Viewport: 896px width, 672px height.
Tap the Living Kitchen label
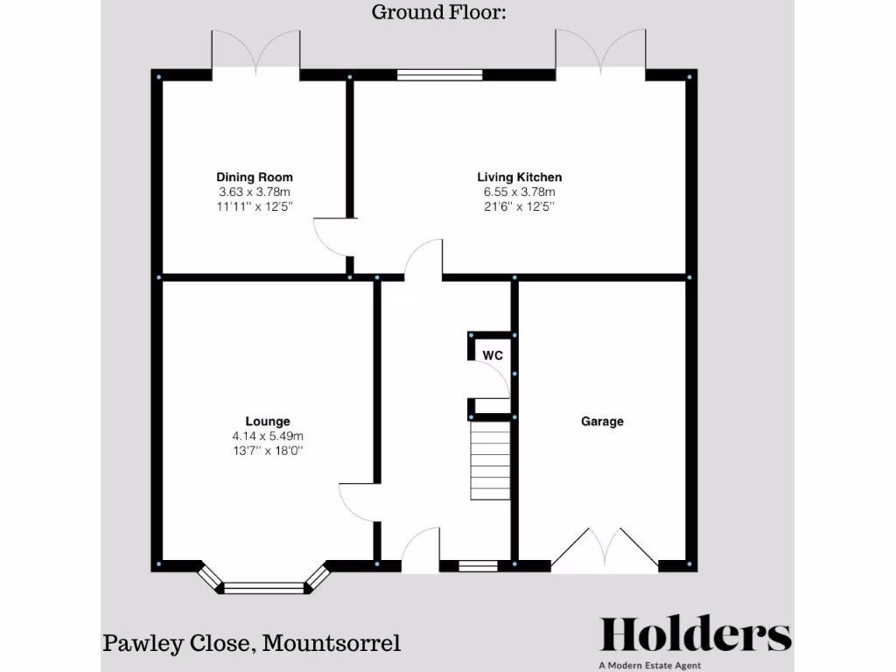tap(519, 178)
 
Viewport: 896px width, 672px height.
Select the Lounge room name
tap(268, 421)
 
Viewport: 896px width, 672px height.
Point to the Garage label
tap(603, 421)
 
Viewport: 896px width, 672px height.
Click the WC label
tap(493, 355)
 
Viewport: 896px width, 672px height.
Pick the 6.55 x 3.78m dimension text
tap(519, 192)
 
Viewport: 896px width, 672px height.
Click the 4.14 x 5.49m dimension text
tap(268, 436)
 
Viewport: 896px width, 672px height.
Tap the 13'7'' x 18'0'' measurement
tap(268, 451)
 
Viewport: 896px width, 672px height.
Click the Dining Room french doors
tap(255, 52)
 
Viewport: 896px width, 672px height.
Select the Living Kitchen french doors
tap(600, 52)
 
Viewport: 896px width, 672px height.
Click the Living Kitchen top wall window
tap(439, 75)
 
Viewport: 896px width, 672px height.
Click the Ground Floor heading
tap(439, 12)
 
